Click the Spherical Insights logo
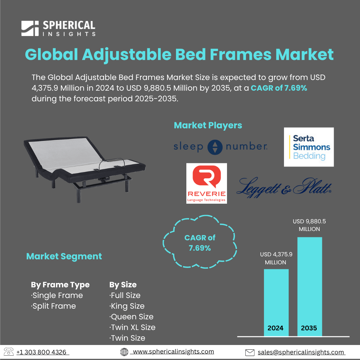(58, 28)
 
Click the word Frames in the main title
(241, 55)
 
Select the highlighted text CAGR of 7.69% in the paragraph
(279, 88)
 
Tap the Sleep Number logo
(220, 147)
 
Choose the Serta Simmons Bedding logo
(309, 147)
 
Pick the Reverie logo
(206, 183)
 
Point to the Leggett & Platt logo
(284, 187)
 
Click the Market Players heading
(208, 125)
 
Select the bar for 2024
(276, 303)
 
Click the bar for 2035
(309, 287)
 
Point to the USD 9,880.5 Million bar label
(309, 225)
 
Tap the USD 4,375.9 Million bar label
(276, 258)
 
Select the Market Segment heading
(64, 256)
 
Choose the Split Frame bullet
(53, 306)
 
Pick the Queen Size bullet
(131, 317)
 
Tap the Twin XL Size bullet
(132, 327)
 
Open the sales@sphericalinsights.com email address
(301, 352)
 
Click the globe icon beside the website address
(124, 352)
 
